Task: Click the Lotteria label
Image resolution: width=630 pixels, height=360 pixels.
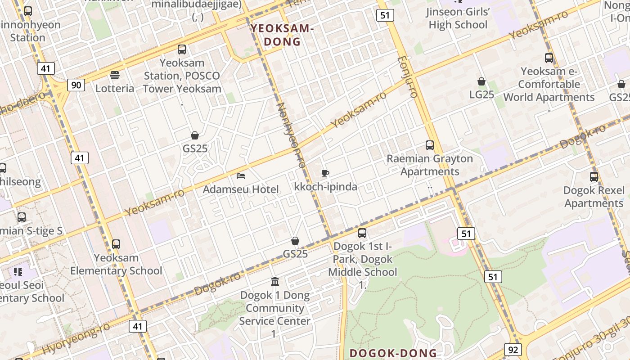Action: coord(115,88)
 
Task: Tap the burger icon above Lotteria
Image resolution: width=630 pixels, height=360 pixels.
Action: coord(115,75)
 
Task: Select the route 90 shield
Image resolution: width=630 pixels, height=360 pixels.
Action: coord(76,85)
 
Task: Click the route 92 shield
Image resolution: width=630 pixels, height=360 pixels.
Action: coord(513,350)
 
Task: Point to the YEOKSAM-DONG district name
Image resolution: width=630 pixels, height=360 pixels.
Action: coord(282,35)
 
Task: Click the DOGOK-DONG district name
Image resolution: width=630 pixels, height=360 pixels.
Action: coord(393,353)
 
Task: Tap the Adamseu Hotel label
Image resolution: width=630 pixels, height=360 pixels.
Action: coord(241,189)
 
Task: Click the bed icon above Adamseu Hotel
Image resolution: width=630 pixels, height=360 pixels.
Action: coord(241,175)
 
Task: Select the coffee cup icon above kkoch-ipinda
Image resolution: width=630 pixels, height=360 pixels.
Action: coord(325,173)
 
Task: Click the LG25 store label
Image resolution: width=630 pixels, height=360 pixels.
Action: coord(481,94)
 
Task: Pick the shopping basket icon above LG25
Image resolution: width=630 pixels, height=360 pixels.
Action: coord(481,81)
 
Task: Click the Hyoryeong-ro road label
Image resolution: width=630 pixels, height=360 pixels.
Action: coord(76,338)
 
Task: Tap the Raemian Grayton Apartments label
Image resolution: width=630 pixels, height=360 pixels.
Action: coord(430,165)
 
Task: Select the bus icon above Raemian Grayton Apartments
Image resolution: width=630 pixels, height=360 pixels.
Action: coord(430,145)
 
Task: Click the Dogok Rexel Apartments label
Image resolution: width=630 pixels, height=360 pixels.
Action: coord(594,197)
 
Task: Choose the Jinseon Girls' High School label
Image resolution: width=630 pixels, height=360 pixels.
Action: coord(458,18)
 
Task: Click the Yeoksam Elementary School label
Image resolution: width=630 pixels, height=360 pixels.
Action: coord(116,264)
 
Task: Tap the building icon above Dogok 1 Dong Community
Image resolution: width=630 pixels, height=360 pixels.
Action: coord(275,282)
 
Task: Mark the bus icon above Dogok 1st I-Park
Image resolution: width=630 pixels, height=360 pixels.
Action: coord(362,233)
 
